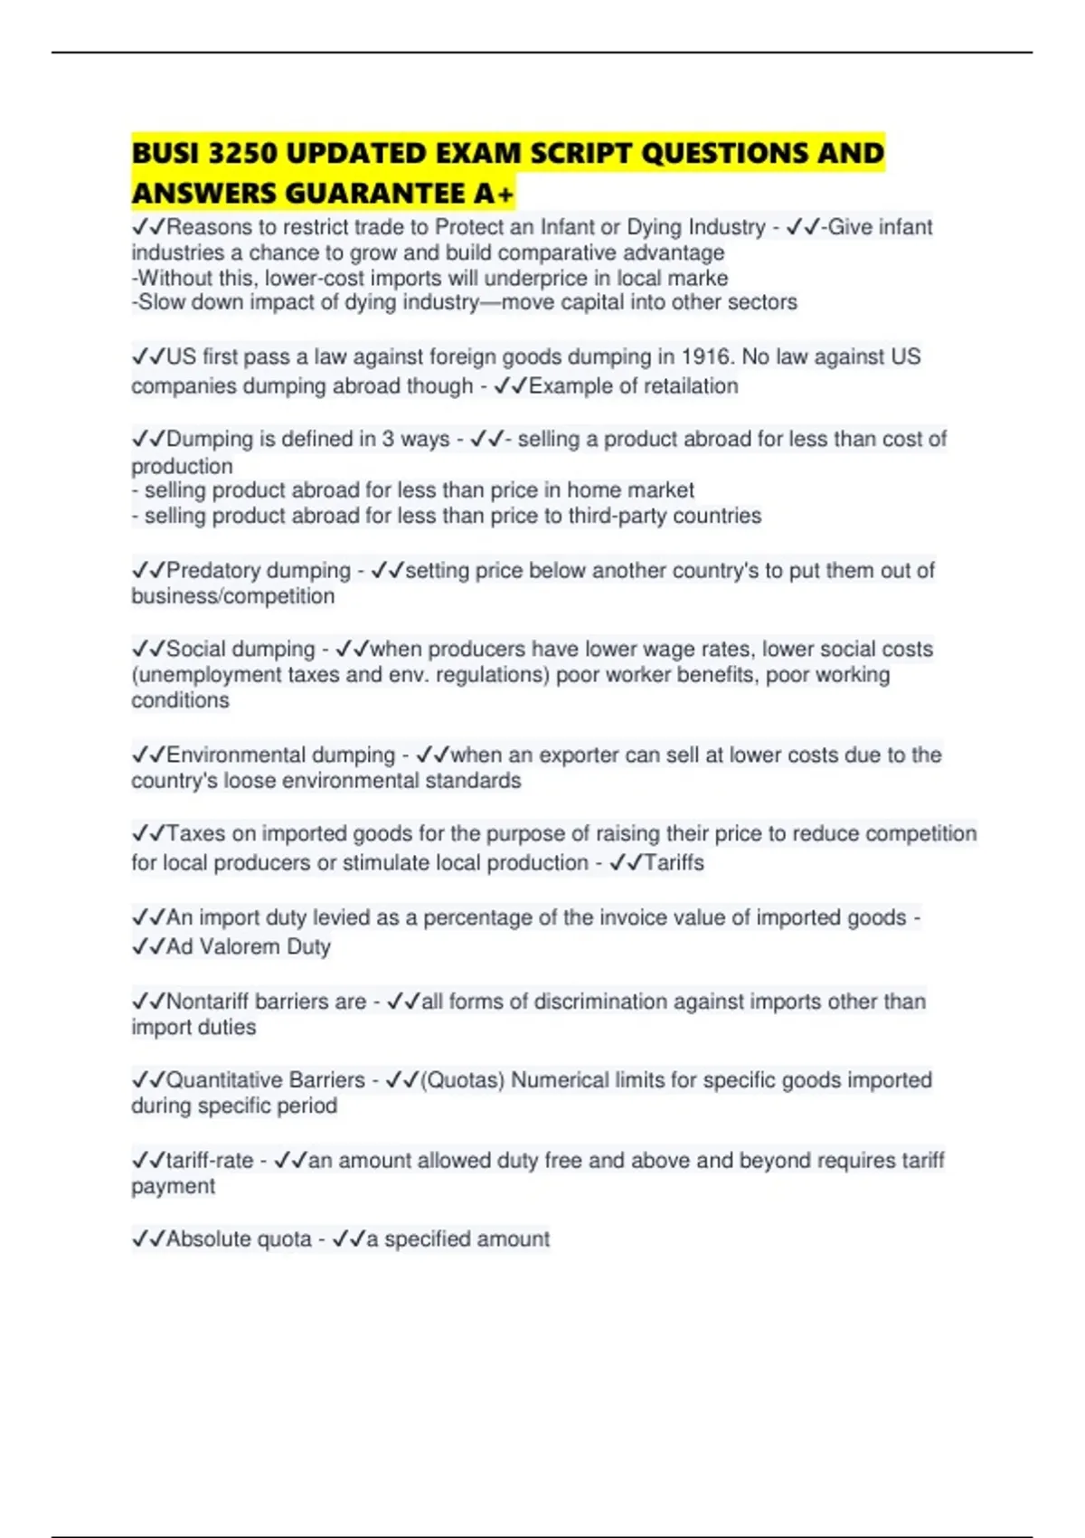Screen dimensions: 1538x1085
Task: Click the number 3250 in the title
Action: pos(242,153)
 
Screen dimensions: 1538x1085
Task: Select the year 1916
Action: pos(706,356)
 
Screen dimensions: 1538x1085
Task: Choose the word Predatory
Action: pos(213,571)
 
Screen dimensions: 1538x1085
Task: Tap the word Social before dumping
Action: pos(195,650)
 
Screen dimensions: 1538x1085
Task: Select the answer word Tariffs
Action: pos(674,863)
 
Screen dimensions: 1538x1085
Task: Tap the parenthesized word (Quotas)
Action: pos(463,1080)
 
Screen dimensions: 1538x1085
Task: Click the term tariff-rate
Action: pos(209,1161)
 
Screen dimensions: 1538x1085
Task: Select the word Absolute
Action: pos(207,1239)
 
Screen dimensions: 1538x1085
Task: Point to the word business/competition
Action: pos(233,596)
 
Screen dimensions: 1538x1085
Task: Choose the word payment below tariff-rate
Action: pos(173,1186)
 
